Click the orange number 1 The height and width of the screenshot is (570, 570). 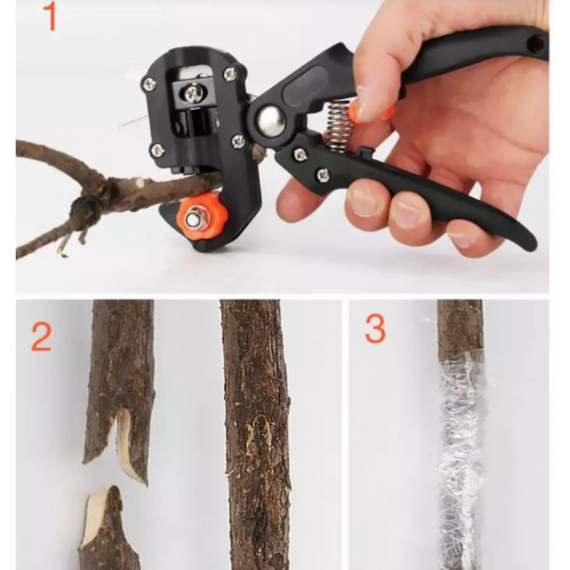tap(50, 16)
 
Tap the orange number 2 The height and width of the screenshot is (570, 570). tap(41, 337)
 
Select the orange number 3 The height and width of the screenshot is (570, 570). tap(375, 328)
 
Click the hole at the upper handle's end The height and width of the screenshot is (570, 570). tap(537, 44)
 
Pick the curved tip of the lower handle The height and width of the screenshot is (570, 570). tap(530, 243)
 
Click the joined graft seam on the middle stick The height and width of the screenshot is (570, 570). tap(259, 436)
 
